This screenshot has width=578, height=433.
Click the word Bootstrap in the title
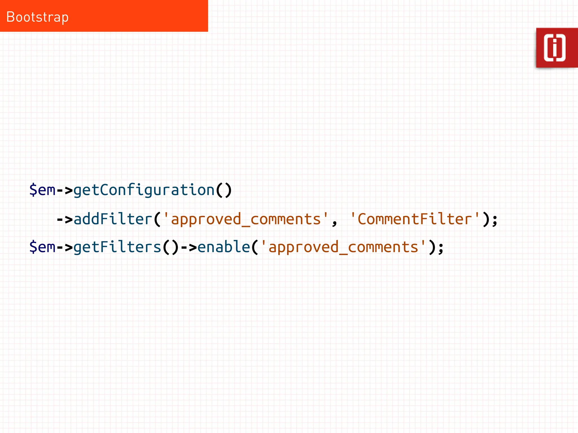pyautogui.click(x=37, y=17)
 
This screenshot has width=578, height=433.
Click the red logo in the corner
pyautogui.click(x=557, y=48)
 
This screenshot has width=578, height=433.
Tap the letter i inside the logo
pyautogui.click(x=555, y=48)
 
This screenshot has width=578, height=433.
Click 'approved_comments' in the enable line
pyautogui.click(x=343, y=247)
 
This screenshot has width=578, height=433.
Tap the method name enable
pyautogui.click(x=224, y=247)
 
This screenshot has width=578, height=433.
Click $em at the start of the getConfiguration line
pyautogui.click(x=42, y=190)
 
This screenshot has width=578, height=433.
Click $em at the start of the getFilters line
pyautogui.click(x=42, y=247)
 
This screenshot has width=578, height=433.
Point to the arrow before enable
pyautogui.click(x=189, y=247)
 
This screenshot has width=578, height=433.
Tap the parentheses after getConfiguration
pyautogui.click(x=224, y=190)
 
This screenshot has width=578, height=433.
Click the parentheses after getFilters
pyautogui.click(x=170, y=247)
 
